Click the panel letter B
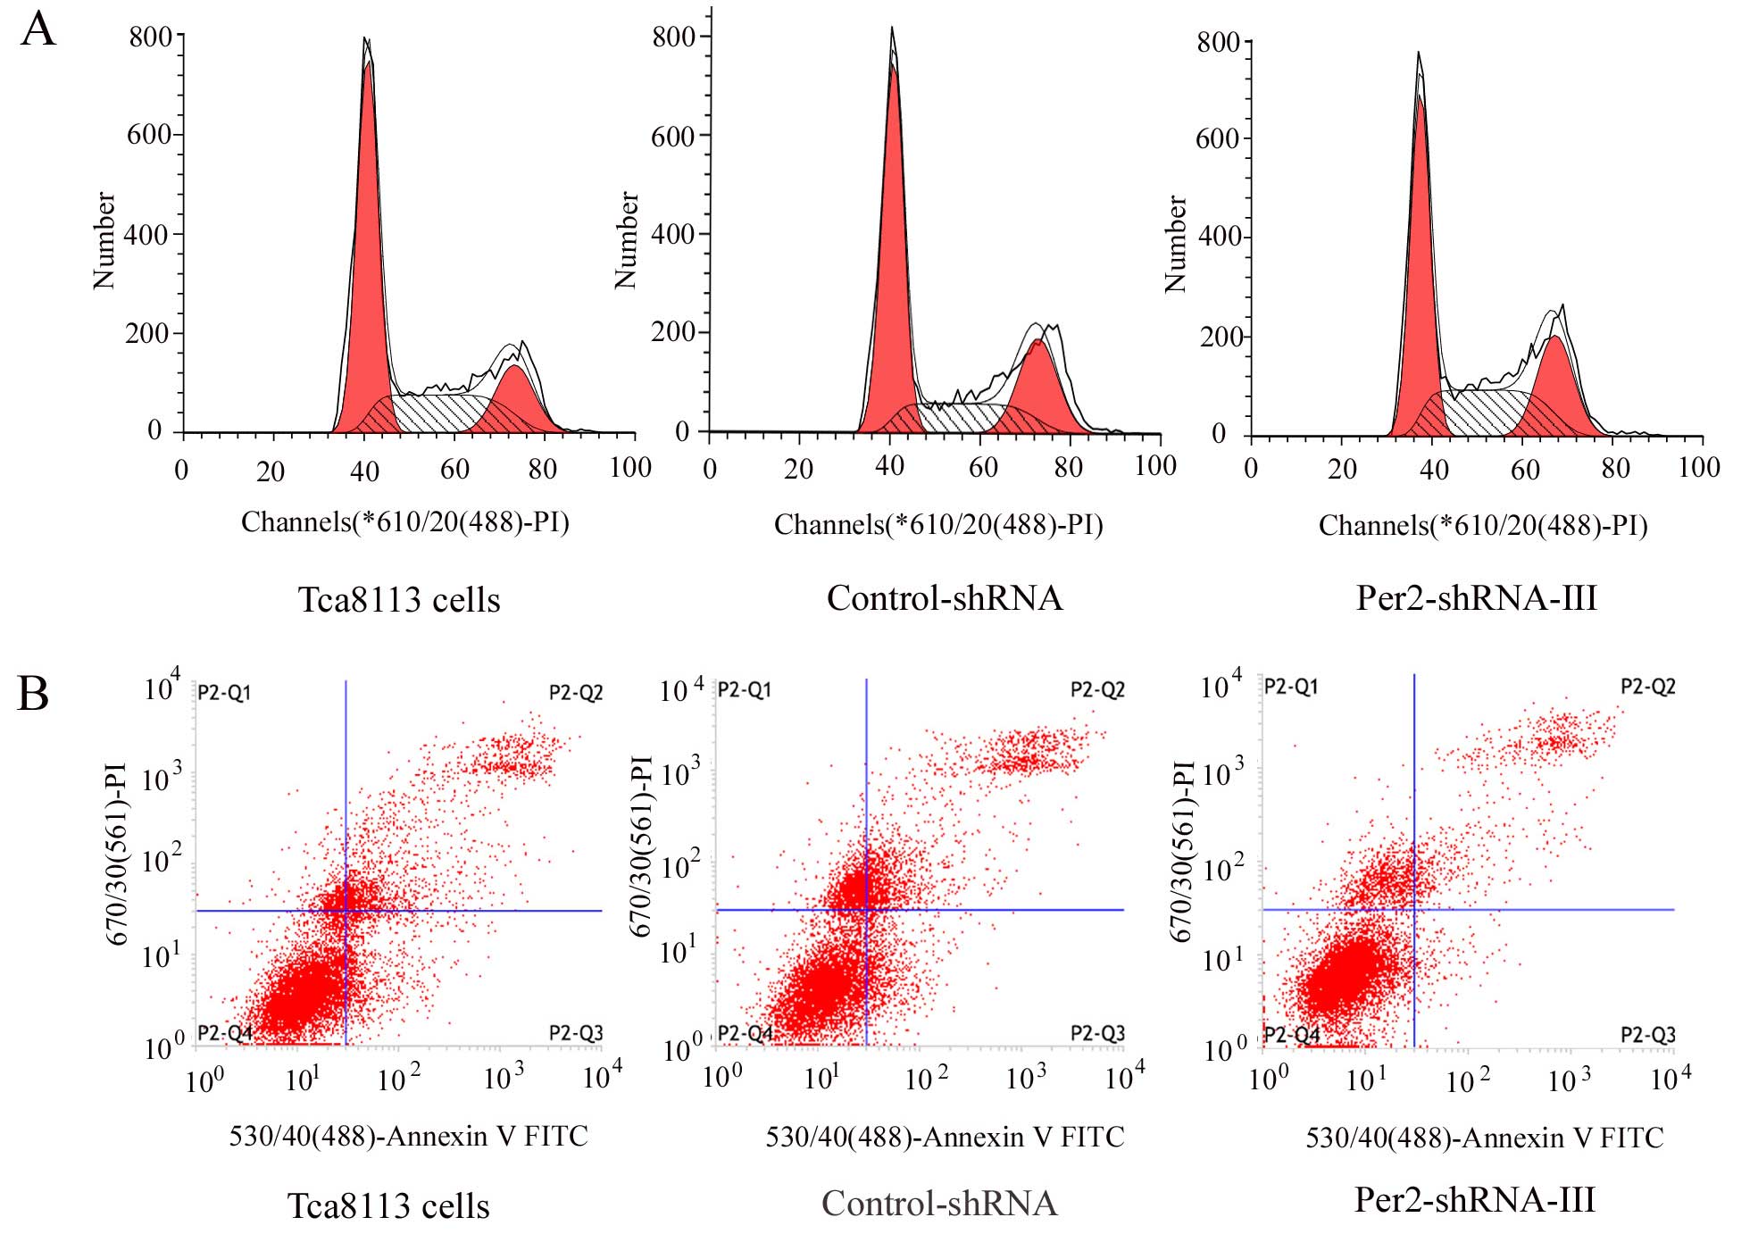tap(33, 694)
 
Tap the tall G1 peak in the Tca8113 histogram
tap(367, 223)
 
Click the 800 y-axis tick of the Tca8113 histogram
tap(149, 37)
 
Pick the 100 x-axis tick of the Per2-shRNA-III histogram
tap(1698, 467)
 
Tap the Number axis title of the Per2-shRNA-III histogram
tap(1176, 244)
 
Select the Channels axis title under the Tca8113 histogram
tap(404, 521)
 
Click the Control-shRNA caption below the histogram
tap(945, 597)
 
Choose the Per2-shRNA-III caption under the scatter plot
tap(1474, 1199)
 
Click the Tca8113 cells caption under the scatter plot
tap(388, 1205)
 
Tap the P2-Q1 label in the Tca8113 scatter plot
tap(224, 692)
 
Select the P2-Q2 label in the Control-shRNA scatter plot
tap(1097, 689)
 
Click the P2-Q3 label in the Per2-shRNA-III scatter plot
tap(1647, 1034)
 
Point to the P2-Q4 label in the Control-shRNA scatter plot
tap(745, 1033)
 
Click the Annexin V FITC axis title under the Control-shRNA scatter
tap(945, 1137)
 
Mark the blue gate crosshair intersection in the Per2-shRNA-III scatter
tap(1414, 909)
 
